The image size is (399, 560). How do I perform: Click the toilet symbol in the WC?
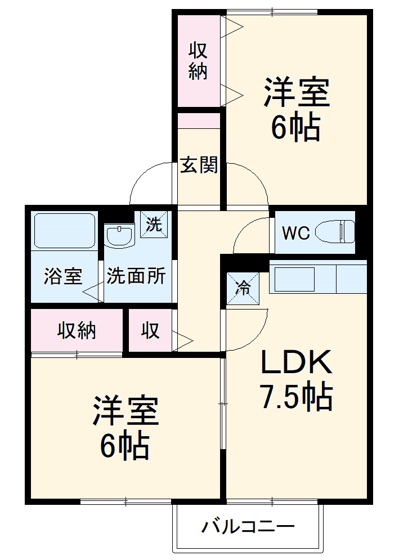335,232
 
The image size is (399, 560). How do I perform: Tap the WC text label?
295,233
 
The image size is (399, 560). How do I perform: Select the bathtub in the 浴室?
64,231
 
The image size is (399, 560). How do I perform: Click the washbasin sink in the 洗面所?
120,236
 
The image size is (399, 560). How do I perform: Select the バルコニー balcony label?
248,527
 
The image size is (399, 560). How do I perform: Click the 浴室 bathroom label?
63,277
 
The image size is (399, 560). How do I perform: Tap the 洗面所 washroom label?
136,276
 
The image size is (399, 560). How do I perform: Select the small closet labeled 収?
150,331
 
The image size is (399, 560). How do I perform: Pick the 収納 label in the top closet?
198,61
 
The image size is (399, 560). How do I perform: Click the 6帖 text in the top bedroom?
295,128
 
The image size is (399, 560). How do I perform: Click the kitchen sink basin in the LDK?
294,279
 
